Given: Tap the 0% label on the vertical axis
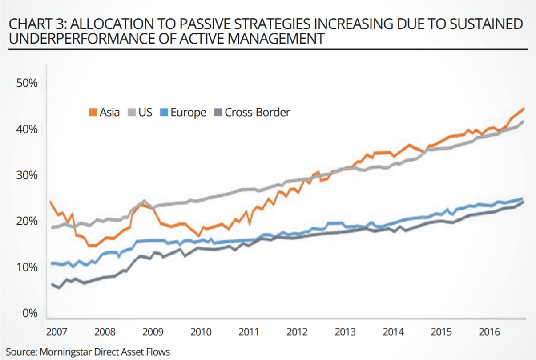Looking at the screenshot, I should click(30, 313).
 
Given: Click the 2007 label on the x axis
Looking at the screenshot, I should click(56, 332).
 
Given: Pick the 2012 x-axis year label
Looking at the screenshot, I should click(297, 332).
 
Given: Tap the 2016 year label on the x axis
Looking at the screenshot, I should click(490, 332).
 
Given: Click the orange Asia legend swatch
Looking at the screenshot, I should click(93, 113).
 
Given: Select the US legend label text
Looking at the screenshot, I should click(145, 112).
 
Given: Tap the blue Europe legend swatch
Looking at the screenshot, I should click(162, 113).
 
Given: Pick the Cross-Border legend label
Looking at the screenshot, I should click(257, 112).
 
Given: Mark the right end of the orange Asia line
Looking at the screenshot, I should click(524, 108).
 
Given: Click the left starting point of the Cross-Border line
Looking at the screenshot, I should click(52, 283).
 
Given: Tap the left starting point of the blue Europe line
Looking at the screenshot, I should click(52, 263).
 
